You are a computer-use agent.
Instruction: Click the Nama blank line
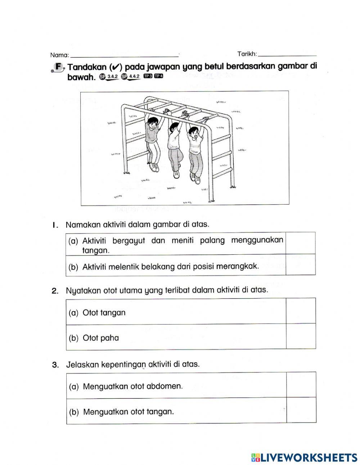tap(124, 55)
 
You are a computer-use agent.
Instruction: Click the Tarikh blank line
tap(287, 54)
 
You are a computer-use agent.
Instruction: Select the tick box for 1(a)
tap(301, 243)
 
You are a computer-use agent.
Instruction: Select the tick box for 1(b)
tap(301, 265)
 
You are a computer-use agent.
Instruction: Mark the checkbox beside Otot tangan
tap(301, 311)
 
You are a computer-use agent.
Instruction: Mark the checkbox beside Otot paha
tap(301, 336)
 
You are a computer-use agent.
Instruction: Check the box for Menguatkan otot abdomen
tap(301, 385)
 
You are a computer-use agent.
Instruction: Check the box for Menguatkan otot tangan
tap(301, 410)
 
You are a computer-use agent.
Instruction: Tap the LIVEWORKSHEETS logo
tap(304, 457)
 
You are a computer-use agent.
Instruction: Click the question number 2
tap(55, 291)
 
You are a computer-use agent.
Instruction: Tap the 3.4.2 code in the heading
tap(112, 76)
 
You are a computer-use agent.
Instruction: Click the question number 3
tap(55, 365)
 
